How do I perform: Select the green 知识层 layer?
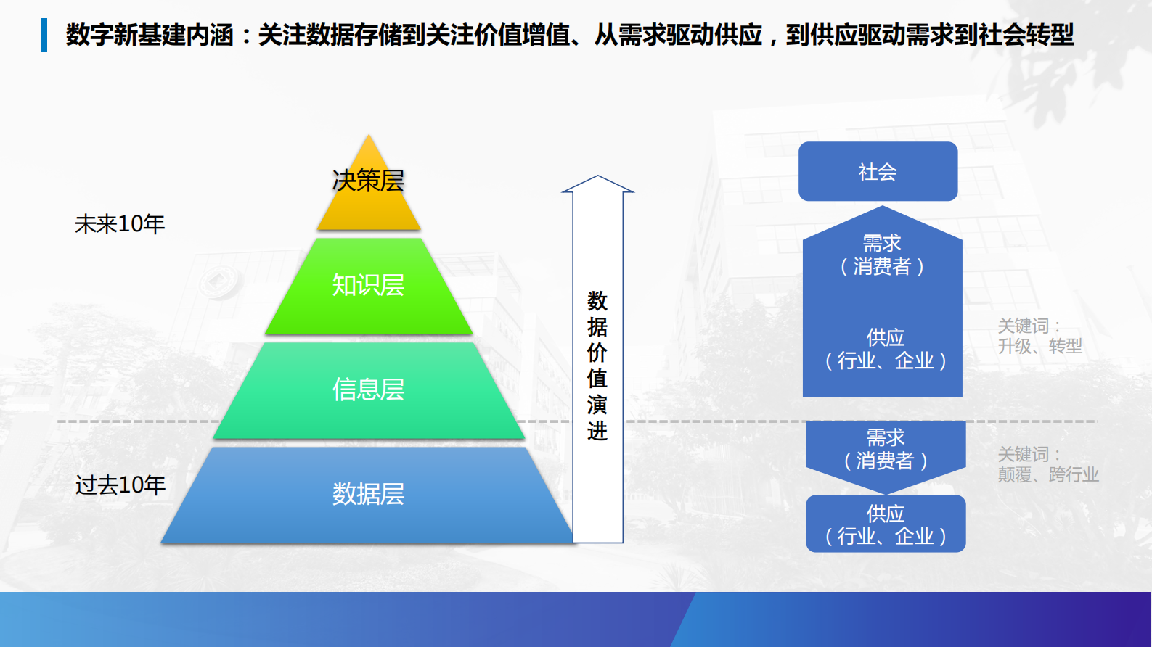pyautogui.click(x=368, y=286)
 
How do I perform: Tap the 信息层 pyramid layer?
pyautogui.click(x=368, y=390)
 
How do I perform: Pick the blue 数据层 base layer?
pyautogui.click(x=368, y=495)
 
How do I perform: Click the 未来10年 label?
pyautogui.click(x=120, y=224)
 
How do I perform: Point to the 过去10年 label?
pyautogui.click(x=120, y=485)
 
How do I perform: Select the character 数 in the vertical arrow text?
pyautogui.click(x=597, y=300)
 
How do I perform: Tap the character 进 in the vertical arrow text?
pyautogui.click(x=597, y=432)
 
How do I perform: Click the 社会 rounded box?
pyautogui.click(x=878, y=172)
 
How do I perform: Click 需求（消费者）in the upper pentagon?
pyautogui.click(x=882, y=255)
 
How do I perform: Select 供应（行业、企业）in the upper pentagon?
pyautogui.click(x=886, y=350)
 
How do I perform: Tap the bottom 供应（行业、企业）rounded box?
pyautogui.click(x=886, y=524)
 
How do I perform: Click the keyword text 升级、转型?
pyautogui.click(x=1039, y=347)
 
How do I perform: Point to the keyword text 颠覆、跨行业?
pyautogui.click(x=1047, y=475)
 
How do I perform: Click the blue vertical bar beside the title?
pyautogui.click(x=44, y=35)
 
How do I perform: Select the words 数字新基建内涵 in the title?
pyautogui.click(x=149, y=35)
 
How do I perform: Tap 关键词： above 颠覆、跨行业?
pyautogui.click(x=1029, y=455)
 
